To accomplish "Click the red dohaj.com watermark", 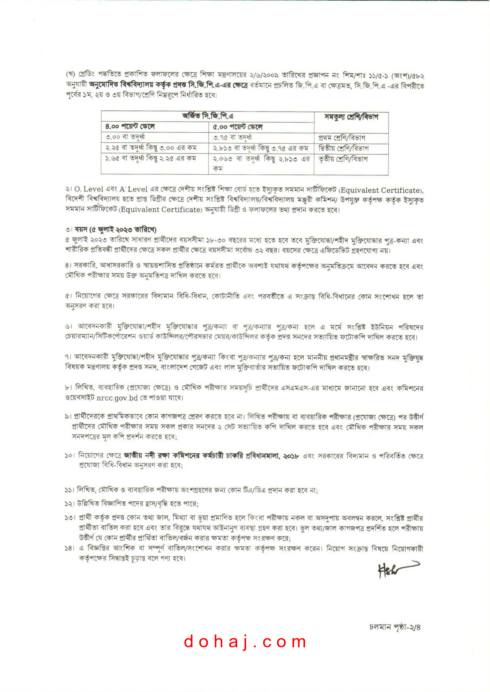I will (245, 642).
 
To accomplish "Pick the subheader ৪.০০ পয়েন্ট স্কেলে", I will (130, 127).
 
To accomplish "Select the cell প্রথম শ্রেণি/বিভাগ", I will (342, 138).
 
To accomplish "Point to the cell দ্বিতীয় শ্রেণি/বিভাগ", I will (343, 148).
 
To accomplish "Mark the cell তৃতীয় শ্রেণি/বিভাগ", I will (343, 159).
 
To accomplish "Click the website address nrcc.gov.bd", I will (117, 398).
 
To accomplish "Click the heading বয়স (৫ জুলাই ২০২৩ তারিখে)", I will (115, 230).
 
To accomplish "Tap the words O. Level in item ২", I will (89, 189).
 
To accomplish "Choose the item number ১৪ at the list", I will (69, 548).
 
